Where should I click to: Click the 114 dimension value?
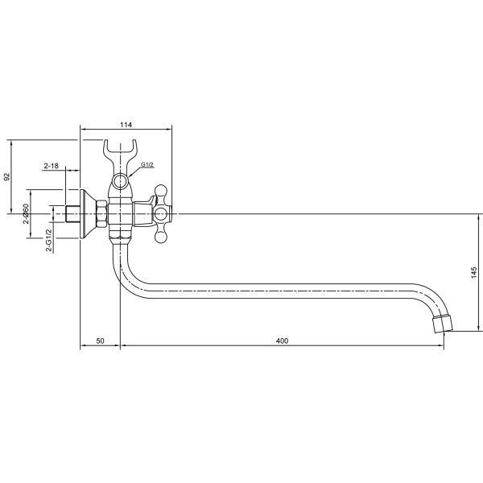click(x=126, y=125)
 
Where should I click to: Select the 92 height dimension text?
click(x=7, y=176)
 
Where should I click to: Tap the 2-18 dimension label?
click(x=52, y=166)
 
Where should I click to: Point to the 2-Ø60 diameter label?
click(x=26, y=213)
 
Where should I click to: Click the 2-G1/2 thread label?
click(x=49, y=240)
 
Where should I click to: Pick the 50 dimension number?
click(x=100, y=341)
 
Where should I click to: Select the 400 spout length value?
click(x=282, y=341)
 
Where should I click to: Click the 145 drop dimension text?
click(x=474, y=273)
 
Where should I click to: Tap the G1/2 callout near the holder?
click(x=147, y=165)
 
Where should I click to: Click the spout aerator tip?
click(x=443, y=324)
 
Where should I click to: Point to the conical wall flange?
click(x=88, y=214)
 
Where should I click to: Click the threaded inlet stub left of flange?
click(x=73, y=214)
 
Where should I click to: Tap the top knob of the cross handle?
click(x=161, y=192)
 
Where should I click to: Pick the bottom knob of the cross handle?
click(x=161, y=236)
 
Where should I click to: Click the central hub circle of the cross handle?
click(x=161, y=213)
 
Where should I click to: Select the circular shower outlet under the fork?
click(x=120, y=181)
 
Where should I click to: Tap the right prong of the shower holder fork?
click(x=131, y=154)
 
